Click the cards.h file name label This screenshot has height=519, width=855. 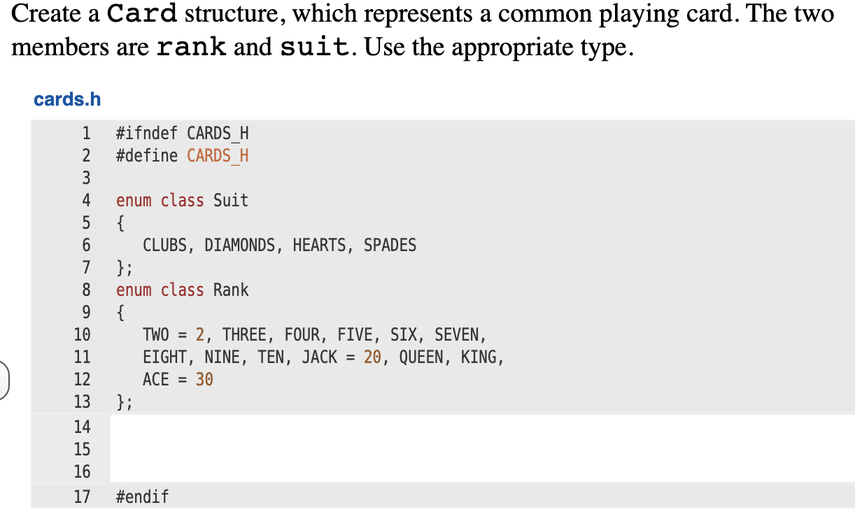pos(67,99)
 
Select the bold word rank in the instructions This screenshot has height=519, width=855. pos(192,48)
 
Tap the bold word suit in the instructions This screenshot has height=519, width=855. pos(314,48)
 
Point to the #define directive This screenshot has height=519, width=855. pos(147,155)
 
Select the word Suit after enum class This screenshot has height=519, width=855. pos(231,201)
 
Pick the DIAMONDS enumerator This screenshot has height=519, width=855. pos(239,246)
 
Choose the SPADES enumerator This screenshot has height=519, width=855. pos(390,246)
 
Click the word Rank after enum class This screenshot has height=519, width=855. pos(231,290)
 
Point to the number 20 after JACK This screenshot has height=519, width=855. pos(372,357)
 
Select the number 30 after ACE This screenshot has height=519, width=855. pos(204,380)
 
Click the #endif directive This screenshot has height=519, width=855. pos(142,497)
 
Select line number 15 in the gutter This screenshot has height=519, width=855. pos(83,449)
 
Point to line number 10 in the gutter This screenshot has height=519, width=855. pos(83,335)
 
